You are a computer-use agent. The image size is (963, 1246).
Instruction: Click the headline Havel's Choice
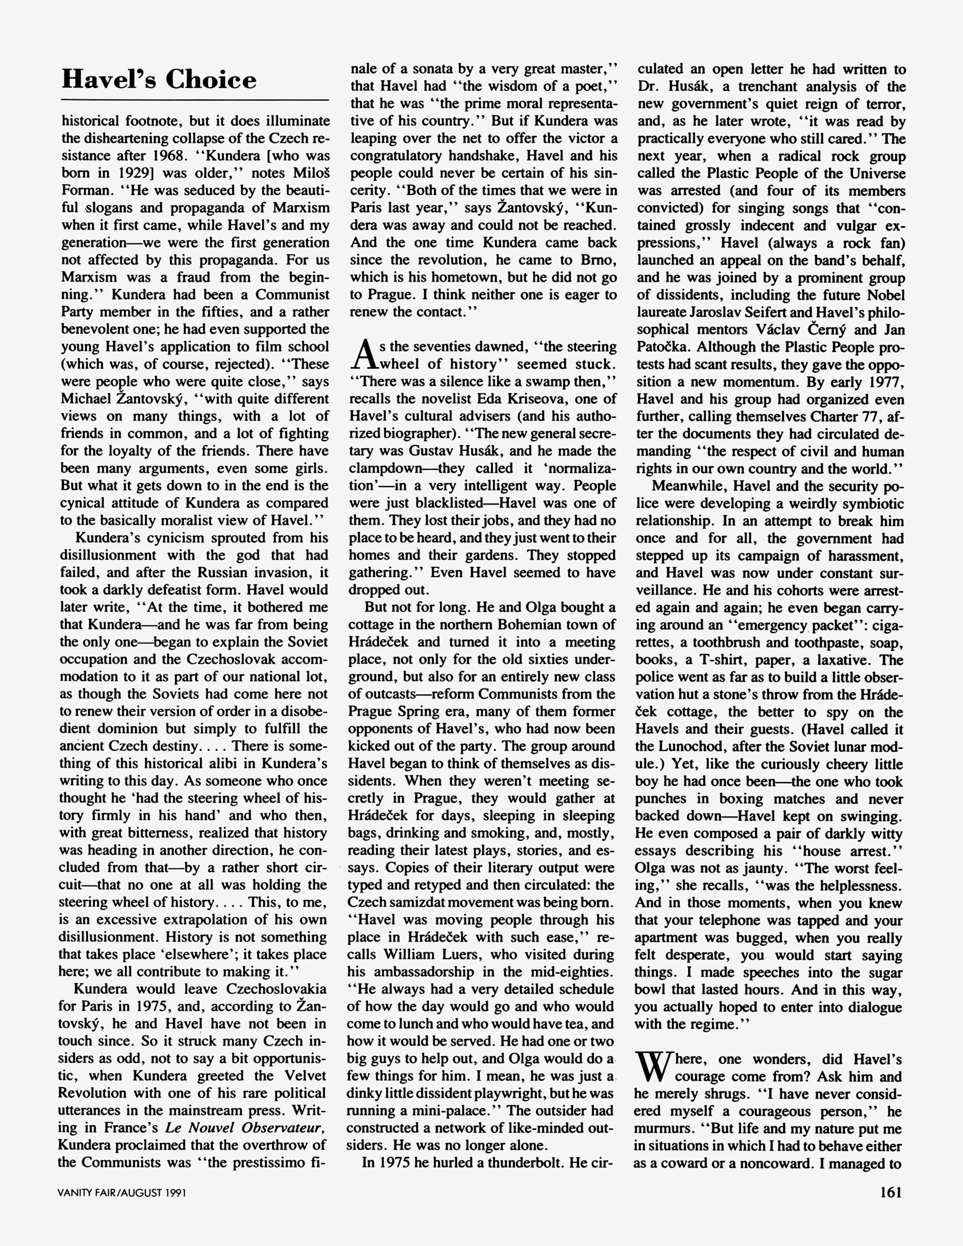pos(159,79)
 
